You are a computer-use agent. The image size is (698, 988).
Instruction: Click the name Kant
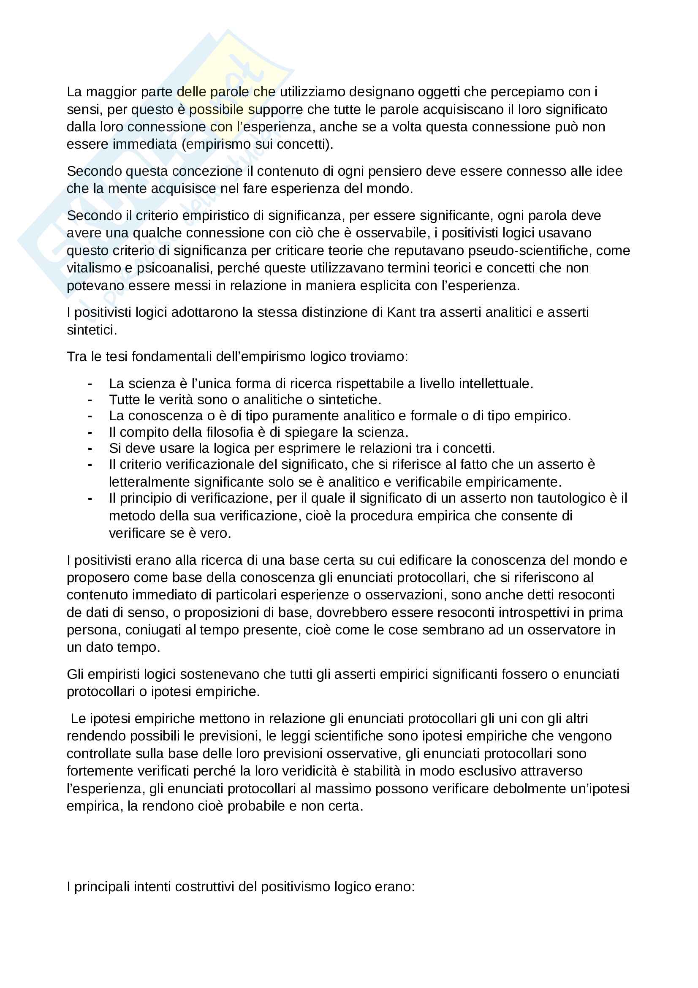401,312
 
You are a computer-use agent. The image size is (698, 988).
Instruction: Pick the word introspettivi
516,612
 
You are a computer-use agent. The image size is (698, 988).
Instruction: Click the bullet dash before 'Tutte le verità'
90,400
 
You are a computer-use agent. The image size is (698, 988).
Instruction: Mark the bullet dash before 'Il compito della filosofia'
90,432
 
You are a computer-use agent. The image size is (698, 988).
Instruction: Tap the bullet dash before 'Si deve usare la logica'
90,449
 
